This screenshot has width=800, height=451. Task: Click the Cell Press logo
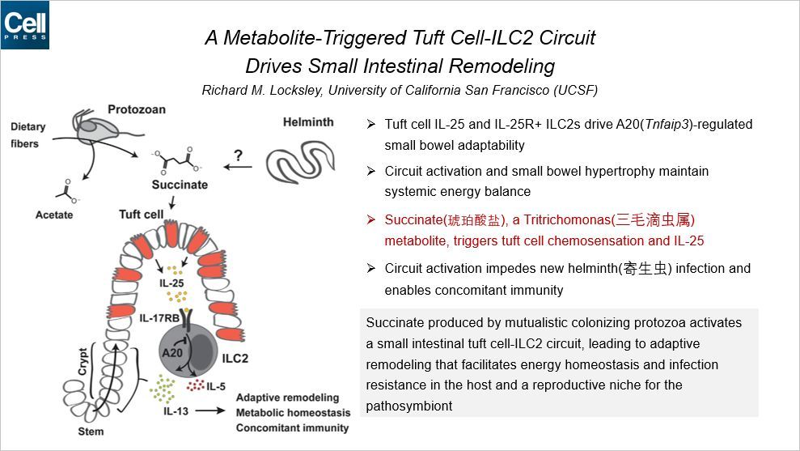point(25,25)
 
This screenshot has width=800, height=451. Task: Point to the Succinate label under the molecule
point(180,185)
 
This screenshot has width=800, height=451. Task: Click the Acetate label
point(54,215)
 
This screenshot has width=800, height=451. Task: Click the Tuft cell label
point(142,215)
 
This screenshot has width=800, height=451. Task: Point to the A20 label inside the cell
point(172,352)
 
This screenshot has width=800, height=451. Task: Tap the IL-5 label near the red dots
point(216,386)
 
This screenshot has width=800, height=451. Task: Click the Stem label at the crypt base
point(91,431)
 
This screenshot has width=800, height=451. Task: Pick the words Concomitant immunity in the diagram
point(292,428)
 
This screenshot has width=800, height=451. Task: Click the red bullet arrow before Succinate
point(370,219)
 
